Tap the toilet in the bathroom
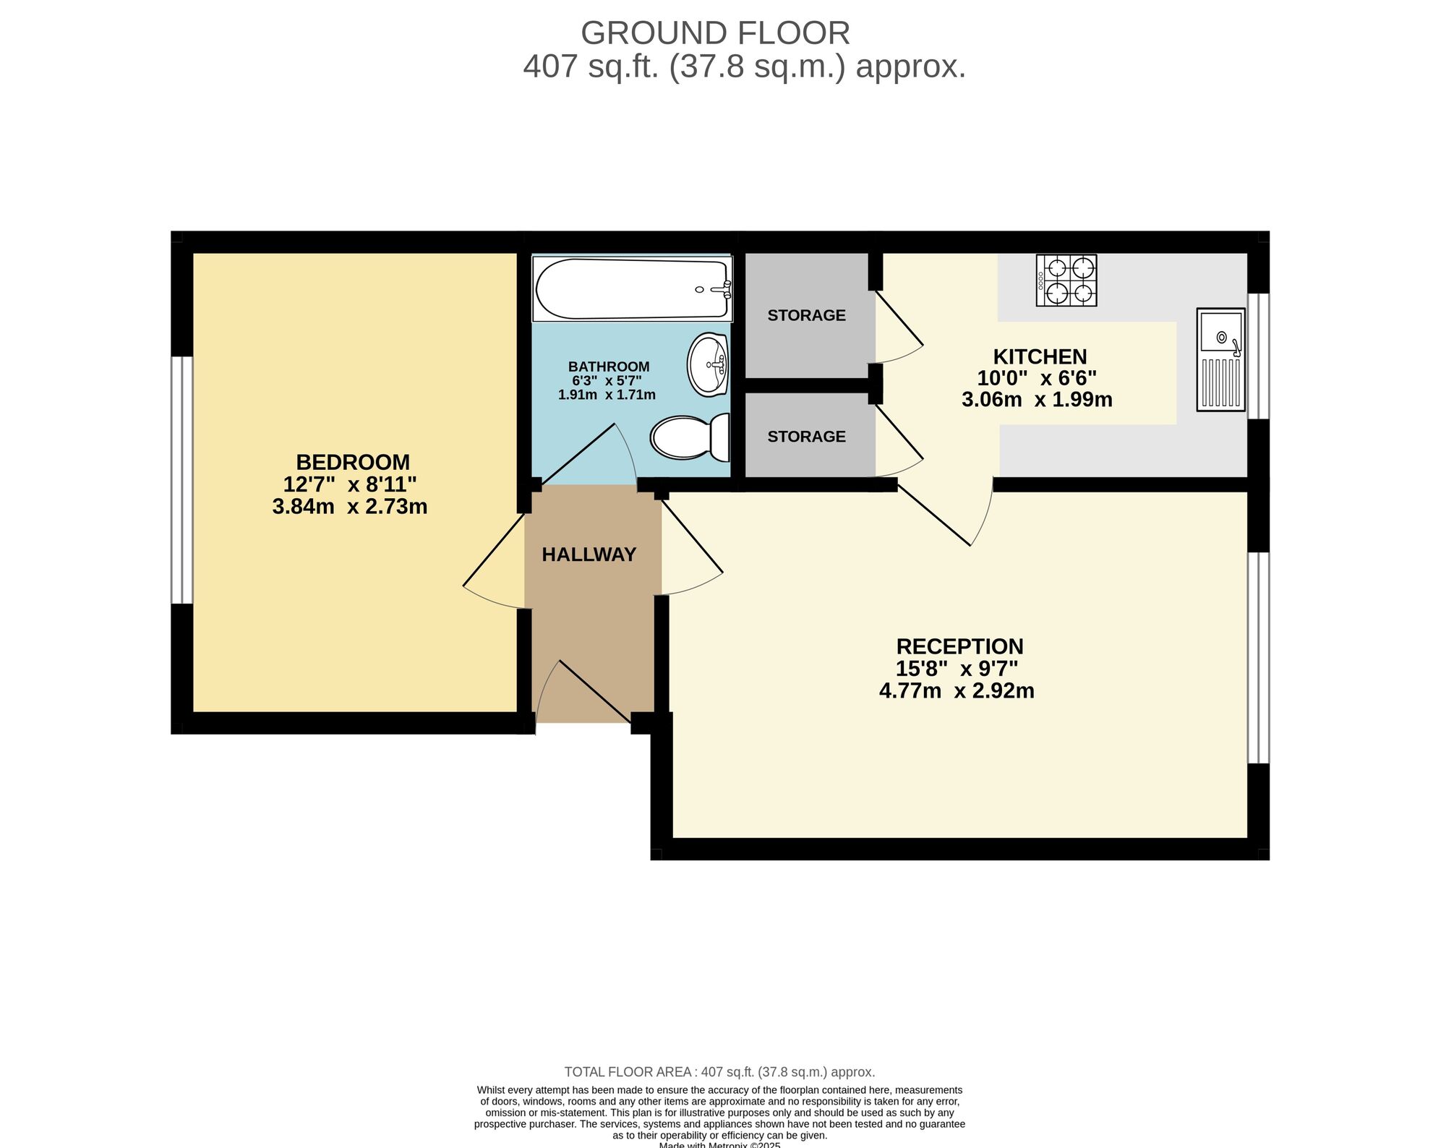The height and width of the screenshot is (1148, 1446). [x=690, y=437]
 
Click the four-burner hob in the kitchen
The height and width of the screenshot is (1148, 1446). [x=1066, y=280]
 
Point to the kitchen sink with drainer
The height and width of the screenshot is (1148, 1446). [x=1220, y=359]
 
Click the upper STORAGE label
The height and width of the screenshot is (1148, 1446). [x=806, y=315]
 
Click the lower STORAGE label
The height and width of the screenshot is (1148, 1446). [x=806, y=437]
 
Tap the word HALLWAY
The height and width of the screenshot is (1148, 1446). [x=589, y=554]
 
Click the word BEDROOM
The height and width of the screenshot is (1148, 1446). [x=353, y=462]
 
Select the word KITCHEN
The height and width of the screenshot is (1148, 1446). [x=1040, y=356]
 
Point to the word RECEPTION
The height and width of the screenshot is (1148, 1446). [x=959, y=646]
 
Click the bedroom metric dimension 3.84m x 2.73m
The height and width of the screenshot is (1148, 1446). [x=350, y=507]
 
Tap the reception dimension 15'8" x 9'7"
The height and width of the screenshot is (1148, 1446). [x=957, y=669]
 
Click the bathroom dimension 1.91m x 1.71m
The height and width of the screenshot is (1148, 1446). [x=607, y=395]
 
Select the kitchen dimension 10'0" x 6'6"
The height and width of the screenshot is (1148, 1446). [x=1037, y=378]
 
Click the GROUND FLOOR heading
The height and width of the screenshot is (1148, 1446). [x=715, y=33]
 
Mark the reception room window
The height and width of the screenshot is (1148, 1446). [x=1259, y=657]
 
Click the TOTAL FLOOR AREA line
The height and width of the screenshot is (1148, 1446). [x=719, y=1072]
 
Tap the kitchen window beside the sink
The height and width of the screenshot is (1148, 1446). [x=1259, y=356]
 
